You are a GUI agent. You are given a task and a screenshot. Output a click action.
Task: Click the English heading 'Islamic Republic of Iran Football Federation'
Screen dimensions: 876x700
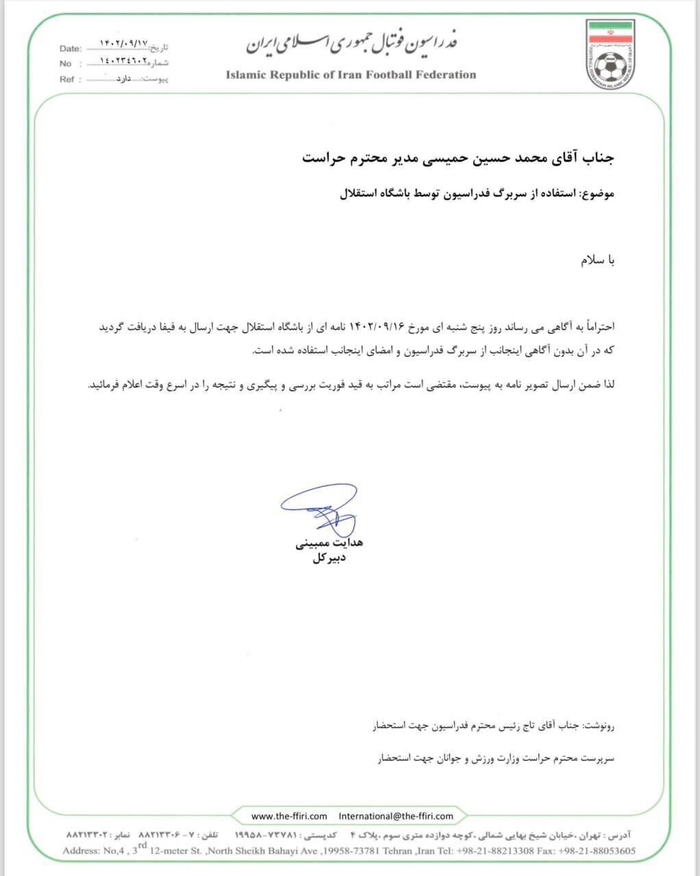(x=351, y=75)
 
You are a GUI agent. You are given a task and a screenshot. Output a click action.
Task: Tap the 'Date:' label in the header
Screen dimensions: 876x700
(x=71, y=49)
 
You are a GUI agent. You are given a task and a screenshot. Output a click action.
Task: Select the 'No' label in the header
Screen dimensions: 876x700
(x=66, y=64)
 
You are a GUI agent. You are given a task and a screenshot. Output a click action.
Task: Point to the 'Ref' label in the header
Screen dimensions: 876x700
(x=66, y=79)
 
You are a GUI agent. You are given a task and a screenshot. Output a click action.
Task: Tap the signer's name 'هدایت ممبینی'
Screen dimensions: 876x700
(x=329, y=543)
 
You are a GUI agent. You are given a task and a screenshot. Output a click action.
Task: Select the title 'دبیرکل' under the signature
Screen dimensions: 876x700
(x=329, y=558)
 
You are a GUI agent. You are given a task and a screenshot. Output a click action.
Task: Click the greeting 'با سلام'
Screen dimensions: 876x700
(x=598, y=261)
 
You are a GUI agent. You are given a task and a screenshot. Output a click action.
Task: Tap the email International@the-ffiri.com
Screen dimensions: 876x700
(x=396, y=816)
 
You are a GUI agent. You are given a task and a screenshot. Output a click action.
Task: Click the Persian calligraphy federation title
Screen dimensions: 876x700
(x=351, y=43)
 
